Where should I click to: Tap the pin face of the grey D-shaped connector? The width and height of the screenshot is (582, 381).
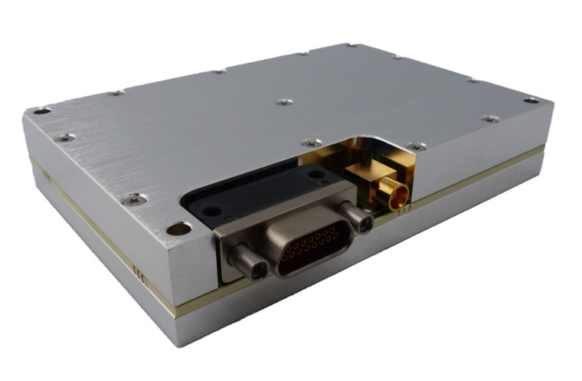pos(312,247)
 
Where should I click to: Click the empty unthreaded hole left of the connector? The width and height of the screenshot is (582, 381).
pos(178,228)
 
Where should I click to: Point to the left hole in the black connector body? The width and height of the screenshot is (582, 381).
pos(214,209)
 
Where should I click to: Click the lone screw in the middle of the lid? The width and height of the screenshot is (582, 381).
pos(284,101)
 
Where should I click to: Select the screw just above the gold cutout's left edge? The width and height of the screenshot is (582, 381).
pos(311,143)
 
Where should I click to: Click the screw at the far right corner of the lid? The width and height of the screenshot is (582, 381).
pos(531,100)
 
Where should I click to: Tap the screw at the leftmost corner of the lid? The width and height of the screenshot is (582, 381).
pos(42,111)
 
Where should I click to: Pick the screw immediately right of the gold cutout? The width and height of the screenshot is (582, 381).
pos(417,146)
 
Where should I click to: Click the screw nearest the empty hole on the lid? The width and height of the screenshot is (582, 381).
pos(135,199)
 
